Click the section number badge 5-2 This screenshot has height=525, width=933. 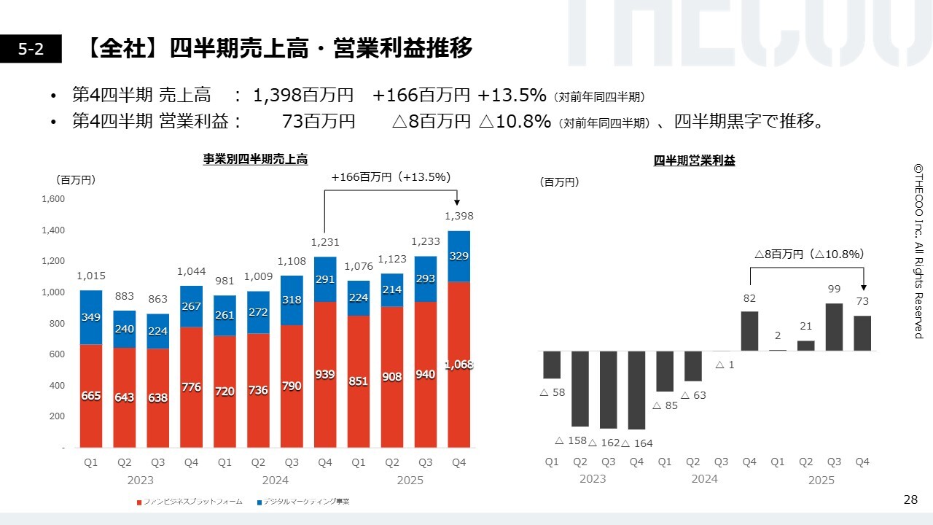pyautogui.click(x=31, y=49)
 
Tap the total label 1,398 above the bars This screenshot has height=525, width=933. pyautogui.click(x=458, y=216)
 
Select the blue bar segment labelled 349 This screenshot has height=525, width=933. pyautogui.click(x=91, y=317)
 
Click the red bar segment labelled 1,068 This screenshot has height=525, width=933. pyautogui.click(x=458, y=365)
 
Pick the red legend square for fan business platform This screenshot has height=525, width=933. pyautogui.click(x=138, y=502)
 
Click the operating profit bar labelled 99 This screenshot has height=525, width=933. pyautogui.click(x=834, y=327)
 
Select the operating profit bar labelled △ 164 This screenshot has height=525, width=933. pyautogui.click(x=636, y=390)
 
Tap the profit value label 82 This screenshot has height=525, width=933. pyautogui.click(x=749, y=298)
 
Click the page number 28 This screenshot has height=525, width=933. pyautogui.click(x=910, y=499)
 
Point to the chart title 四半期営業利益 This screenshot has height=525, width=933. pyautogui.click(x=694, y=161)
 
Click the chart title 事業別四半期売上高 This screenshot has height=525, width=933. pyautogui.click(x=255, y=159)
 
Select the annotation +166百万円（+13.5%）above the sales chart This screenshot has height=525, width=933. pyautogui.click(x=391, y=177)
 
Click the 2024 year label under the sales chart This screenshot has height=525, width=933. pyautogui.click(x=275, y=480)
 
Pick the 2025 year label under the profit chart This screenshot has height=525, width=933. pyautogui.click(x=821, y=480)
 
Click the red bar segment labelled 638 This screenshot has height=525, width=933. pyautogui.click(x=157, y=398)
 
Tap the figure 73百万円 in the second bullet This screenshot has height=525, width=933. pyautogui.click(x=319, y=122)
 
